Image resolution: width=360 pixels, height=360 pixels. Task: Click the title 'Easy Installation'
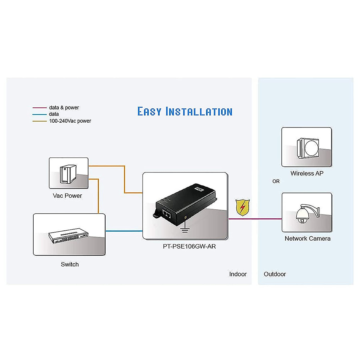185,111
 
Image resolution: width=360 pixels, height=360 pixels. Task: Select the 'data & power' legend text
64,108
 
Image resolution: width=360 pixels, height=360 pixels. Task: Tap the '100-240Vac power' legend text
70,121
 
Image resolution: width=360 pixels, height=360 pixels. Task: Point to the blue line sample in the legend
39,114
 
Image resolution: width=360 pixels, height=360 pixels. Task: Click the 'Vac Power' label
67,196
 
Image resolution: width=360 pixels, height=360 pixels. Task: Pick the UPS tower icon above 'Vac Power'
68,174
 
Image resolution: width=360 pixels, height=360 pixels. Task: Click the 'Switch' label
70,264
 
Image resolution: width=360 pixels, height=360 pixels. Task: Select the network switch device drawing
68,235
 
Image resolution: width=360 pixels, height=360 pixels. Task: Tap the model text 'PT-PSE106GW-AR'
189,246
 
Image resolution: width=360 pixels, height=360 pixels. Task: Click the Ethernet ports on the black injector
166,213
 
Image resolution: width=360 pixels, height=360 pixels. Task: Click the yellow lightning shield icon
242,207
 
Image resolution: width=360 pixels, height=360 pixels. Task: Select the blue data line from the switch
124,231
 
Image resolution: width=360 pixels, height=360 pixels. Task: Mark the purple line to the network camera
255,219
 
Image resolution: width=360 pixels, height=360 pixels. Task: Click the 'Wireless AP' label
307,173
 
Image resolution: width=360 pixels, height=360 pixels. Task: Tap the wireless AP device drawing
308,148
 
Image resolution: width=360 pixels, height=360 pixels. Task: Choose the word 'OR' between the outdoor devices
276,181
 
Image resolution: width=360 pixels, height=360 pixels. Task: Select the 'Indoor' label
238,274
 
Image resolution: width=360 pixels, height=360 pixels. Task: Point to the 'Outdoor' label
274,274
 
